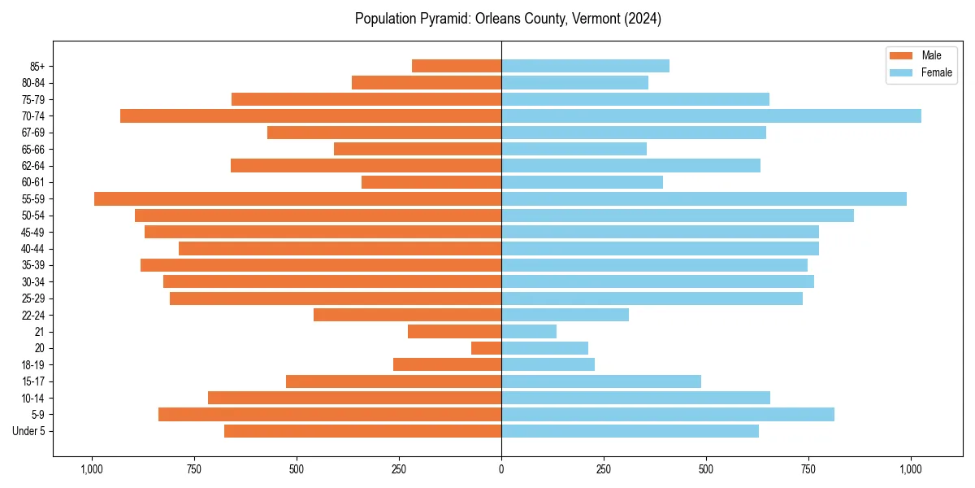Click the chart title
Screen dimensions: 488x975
click(x=508, y=19)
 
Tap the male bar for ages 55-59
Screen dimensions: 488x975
click(x=297, y=198)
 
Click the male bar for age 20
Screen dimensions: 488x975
click(x=486, y=348)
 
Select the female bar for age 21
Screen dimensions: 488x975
click(x=529, y=331)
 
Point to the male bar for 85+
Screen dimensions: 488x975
click(x=457, y=66)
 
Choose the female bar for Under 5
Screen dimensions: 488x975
click(x=630, y=431)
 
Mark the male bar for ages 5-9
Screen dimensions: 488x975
click(x=330, y=414)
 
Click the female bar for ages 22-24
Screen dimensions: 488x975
click(x=565, y=315)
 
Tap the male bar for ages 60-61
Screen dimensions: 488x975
click(x=431, y=182)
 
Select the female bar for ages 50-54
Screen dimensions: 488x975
click(x=678, y=216)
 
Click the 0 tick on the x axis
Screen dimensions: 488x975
click(x=501, y=469)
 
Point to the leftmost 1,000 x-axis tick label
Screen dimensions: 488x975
click(x=91, y=469)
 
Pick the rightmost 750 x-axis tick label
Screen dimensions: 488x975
click(x=808, y=469)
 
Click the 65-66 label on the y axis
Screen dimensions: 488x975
click(x=32, y=149)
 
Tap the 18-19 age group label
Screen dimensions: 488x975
click(x=32, y=364)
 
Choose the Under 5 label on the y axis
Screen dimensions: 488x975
click(x=29, y=431)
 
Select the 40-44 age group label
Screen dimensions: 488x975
click(x=32, y=248)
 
